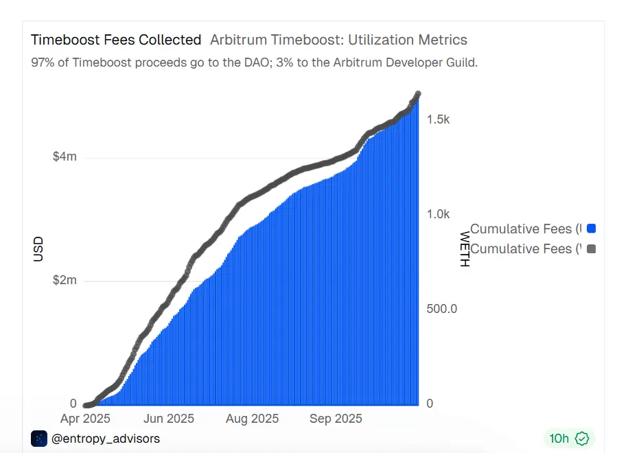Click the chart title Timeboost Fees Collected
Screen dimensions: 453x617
[116, 40]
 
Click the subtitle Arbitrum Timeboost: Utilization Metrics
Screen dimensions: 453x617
[338, 40]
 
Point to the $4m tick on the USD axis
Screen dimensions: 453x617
[65, 156]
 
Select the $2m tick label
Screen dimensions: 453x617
[65, 280]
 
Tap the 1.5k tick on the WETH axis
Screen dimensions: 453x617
[438, 119]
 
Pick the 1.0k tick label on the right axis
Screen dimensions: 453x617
[438, 214]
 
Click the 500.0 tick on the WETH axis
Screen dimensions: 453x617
[442, 309]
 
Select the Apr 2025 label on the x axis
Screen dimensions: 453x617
[85, 419]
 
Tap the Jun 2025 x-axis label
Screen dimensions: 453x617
[169, 419]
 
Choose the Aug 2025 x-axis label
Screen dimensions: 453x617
[253, 419]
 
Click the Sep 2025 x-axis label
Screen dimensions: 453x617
[336, 419]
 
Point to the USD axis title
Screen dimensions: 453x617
[38, 249]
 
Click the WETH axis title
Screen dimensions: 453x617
[465, 249]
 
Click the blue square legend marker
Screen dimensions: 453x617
[591, 229]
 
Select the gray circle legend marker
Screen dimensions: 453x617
[591, 248]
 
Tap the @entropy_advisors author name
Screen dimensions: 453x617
[106, 438]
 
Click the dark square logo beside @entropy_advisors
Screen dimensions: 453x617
[39, 438]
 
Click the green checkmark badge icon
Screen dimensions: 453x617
[583, 438]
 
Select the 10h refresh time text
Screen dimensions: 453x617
[559, 438]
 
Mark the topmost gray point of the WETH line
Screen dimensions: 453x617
[417, 94]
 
